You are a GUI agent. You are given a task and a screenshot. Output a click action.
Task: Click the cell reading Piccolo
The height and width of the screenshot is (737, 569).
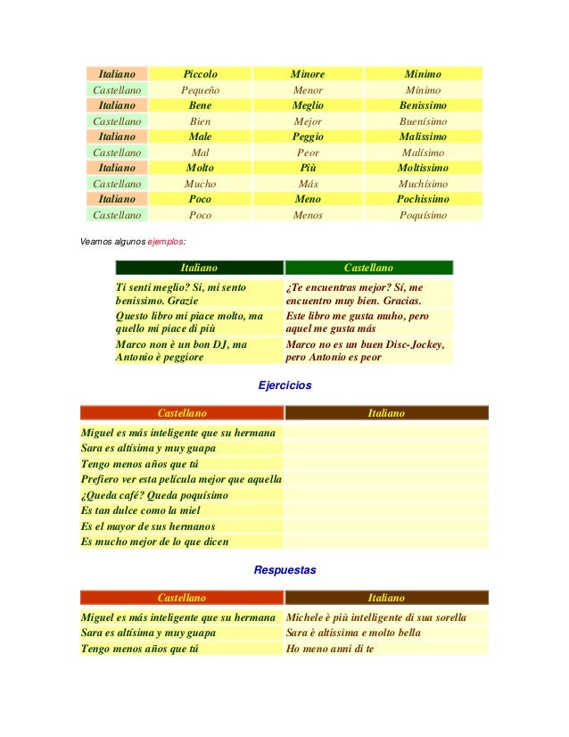(201, 74)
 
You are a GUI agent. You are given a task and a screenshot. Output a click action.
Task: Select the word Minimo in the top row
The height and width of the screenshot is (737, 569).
(423, 74)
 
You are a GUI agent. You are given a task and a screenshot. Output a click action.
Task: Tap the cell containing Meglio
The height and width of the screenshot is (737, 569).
(308, 105)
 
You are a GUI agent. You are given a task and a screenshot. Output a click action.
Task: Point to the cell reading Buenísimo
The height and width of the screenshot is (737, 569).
(423, 121)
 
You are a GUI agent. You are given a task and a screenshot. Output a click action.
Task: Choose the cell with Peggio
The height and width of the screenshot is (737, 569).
(308, 137)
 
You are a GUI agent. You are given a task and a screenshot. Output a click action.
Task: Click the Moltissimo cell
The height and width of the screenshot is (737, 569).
(423, 168)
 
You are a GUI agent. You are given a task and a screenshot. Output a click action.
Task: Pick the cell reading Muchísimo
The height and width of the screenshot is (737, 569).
(423, 184)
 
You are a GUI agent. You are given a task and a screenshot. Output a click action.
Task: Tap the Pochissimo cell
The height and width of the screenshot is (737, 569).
(423, 199)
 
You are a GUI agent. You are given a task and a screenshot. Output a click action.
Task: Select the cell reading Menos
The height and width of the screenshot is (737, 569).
(308, 215)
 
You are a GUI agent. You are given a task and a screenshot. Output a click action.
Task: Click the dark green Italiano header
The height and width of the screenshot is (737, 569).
(199, 268)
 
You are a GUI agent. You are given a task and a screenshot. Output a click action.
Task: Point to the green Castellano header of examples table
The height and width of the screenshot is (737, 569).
(368, 268)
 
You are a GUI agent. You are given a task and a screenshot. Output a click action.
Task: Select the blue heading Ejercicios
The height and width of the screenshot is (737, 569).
(284, 386)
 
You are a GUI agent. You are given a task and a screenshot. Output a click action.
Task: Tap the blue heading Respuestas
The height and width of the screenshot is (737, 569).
(284, 569)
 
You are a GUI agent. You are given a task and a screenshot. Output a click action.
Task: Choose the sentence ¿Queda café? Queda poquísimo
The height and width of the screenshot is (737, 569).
(154, 495)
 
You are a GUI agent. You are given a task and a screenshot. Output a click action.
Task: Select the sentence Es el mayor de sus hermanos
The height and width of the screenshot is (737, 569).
(148, 526)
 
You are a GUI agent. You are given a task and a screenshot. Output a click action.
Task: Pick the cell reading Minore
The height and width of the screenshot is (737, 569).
(308, 74)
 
